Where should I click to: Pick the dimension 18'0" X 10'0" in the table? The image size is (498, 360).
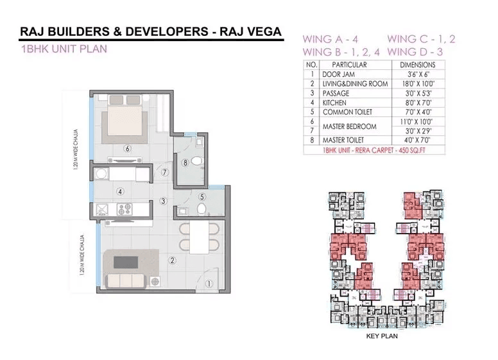click(417, 83)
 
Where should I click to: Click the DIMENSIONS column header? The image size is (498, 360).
click(417, 65)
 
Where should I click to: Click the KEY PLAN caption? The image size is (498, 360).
click(379, 335)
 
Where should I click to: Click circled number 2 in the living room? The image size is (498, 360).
click(172, 260)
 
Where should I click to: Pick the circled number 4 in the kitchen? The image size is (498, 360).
click(119, 191)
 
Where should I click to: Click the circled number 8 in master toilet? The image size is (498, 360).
click(185, 162)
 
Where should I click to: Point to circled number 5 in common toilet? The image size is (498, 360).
click(202, 197)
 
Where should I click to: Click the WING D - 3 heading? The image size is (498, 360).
click(422, 51)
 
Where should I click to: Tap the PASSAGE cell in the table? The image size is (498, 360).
click(335, 93)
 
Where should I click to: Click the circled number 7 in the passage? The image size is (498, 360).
click(165, 172)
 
